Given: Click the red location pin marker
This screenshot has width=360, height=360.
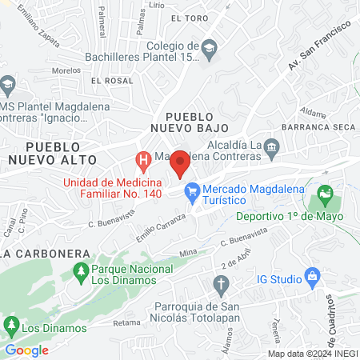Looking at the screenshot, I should tap(181, 163).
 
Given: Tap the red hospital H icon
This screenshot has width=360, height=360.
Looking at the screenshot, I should tap(144, 162).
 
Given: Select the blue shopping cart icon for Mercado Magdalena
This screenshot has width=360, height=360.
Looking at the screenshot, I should tap(191, 191).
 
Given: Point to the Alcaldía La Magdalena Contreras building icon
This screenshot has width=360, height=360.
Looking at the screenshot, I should tap(271, 146).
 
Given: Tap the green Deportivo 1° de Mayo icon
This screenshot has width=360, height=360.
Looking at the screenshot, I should tap(325, 194).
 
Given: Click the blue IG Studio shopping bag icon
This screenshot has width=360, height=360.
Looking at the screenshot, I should tap(313, 278).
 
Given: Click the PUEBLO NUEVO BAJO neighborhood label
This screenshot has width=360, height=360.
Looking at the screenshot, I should tap(191, 121).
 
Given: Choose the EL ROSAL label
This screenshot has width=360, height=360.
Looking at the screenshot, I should tap(111, 81).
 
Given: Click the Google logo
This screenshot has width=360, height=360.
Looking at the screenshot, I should tap(27, 350).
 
